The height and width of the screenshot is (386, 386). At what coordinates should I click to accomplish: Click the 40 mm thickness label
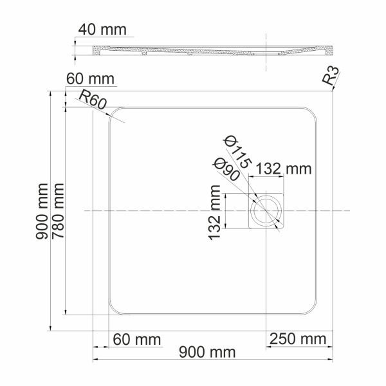click(102, 30)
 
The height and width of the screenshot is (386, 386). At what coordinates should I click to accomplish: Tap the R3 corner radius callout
click(330, 78)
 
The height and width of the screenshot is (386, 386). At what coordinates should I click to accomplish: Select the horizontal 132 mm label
click(284, 169)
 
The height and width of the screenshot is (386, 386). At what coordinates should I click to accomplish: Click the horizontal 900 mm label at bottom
click(207, 353)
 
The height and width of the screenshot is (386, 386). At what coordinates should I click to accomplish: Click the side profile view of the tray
click(212, 50)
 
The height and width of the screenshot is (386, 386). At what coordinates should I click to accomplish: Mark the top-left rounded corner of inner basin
click(114, 112)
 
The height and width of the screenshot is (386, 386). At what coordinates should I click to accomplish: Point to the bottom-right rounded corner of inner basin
click(313, 309)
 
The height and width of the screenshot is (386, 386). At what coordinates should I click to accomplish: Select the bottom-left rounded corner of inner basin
click(114, 309)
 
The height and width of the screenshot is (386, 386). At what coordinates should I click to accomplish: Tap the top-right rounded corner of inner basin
click(313, 112)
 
